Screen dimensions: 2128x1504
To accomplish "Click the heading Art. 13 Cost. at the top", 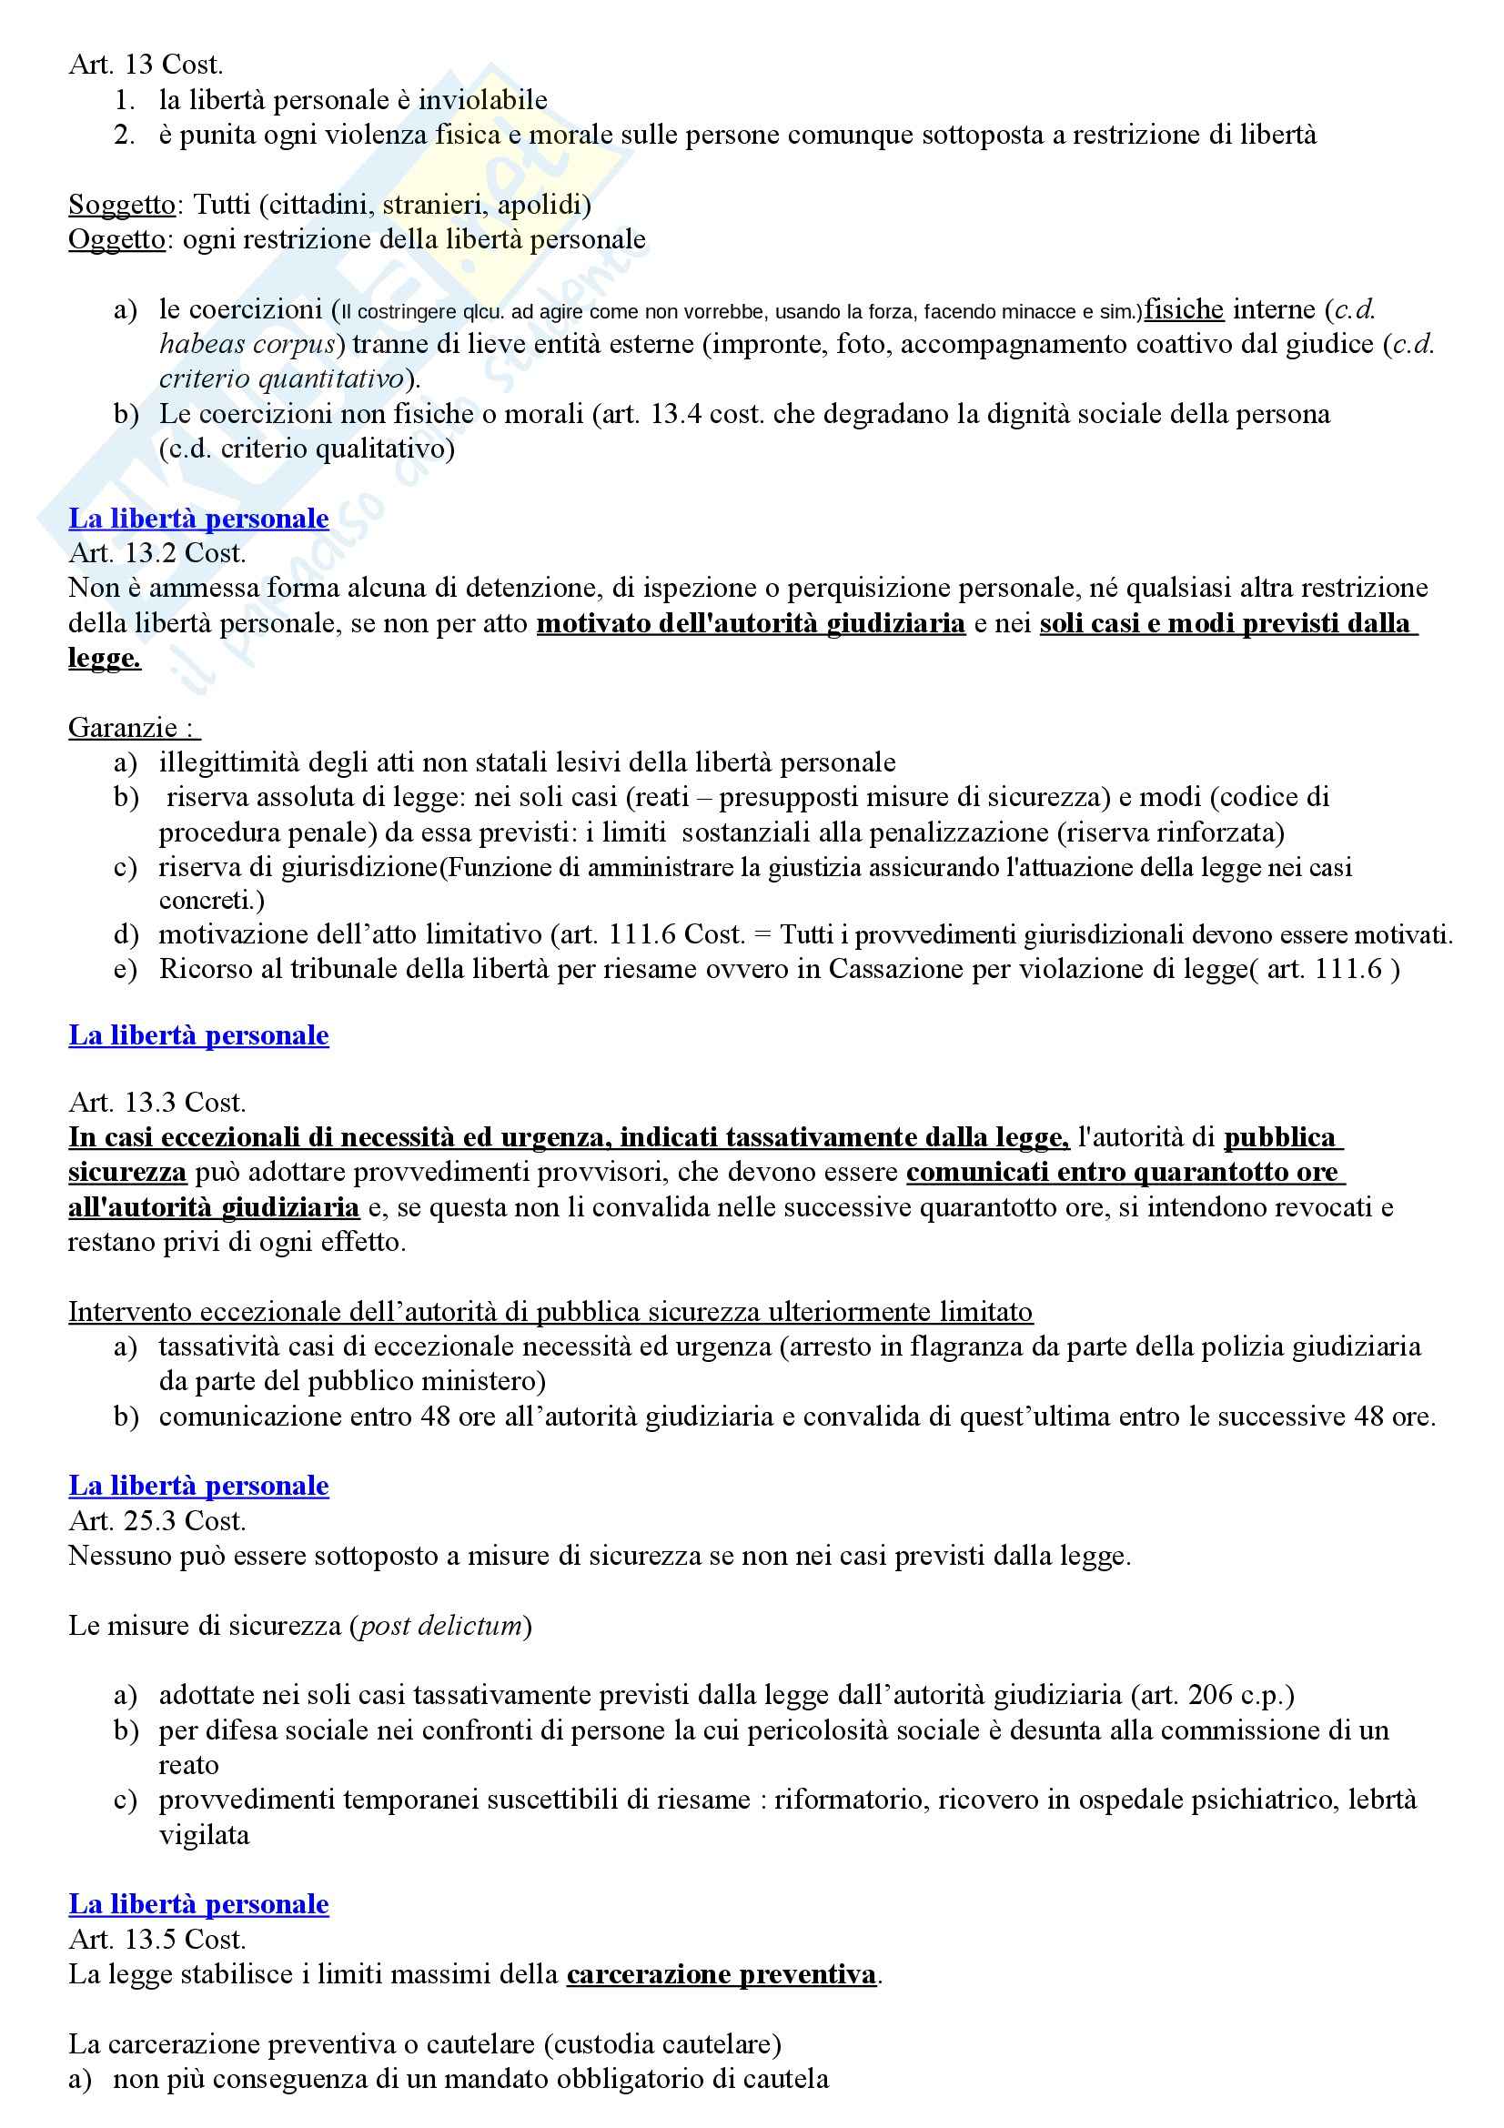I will (146, 65).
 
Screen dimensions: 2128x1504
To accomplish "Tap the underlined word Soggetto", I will (121, 204).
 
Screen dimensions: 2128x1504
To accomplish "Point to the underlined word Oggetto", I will (116, 239).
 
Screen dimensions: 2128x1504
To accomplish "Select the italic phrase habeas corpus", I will (247, 345).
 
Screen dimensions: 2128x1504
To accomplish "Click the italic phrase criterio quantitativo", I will (282, 379).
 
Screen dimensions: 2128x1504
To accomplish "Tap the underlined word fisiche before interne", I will (1184, 309).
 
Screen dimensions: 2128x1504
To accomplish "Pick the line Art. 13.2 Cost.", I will (156, 553).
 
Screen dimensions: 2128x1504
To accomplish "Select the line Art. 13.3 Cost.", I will (156, 1103).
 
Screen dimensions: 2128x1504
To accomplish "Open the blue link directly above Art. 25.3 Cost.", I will (198, 1486).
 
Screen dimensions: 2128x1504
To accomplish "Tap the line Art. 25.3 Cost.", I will (156, 1521).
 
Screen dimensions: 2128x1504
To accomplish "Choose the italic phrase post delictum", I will (440, 1626).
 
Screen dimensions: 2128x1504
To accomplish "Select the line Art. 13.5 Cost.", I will (156, 1940).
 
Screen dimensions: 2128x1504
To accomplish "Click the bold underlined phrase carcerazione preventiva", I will (721, 1975).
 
